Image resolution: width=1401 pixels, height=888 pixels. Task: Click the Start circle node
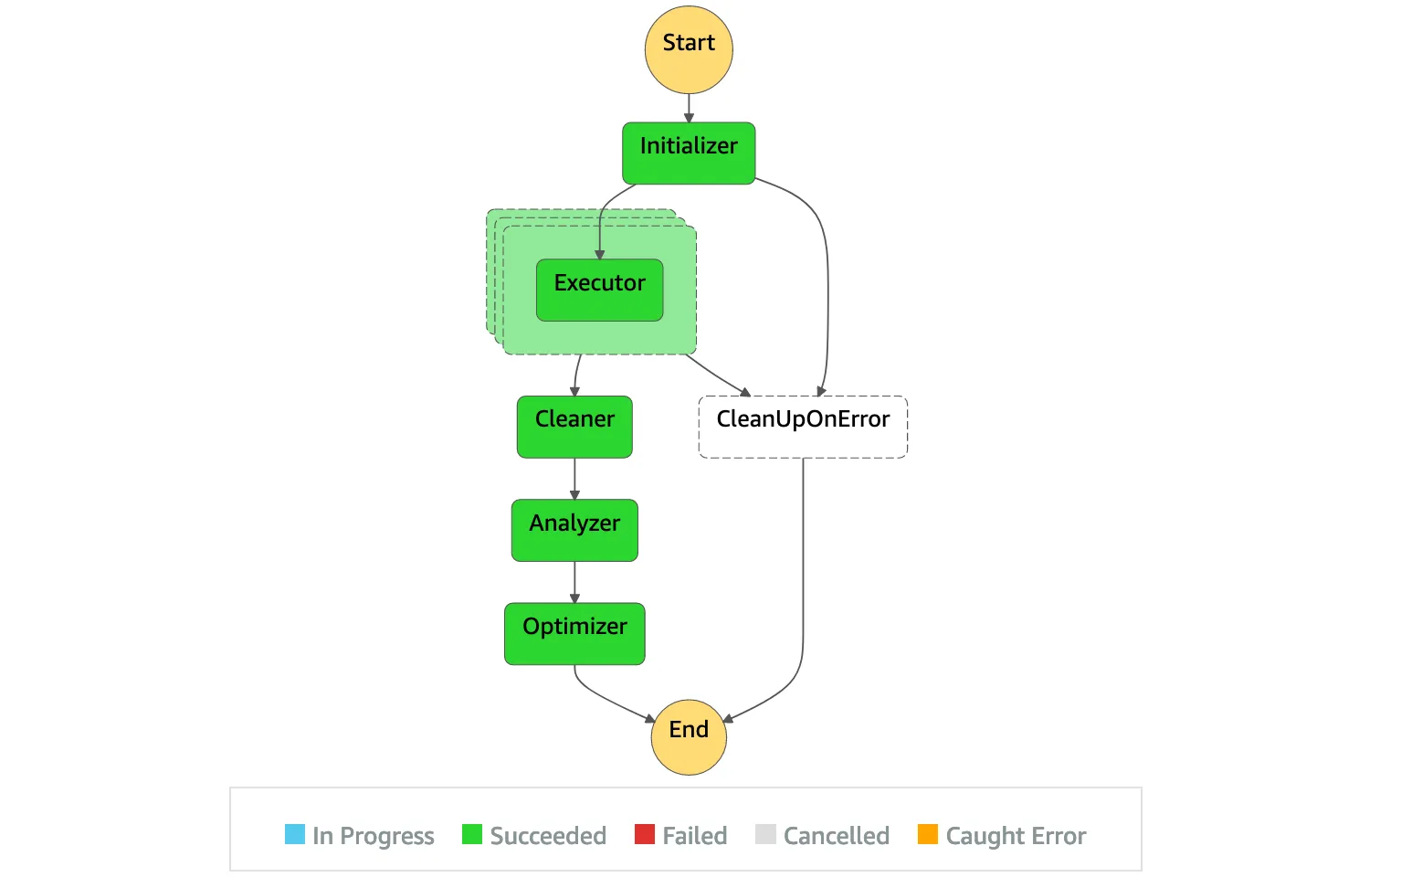click(689, 49)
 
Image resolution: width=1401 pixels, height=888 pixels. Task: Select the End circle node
click(689, 736)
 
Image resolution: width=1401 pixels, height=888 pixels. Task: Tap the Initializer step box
click(689, 153)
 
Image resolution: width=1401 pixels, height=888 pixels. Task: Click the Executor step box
click(599, 290)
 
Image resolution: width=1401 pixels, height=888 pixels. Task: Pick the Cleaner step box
click(574, 427)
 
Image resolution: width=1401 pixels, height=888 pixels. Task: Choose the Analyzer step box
click(574, 530)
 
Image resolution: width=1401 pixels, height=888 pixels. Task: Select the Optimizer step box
click(574, 633)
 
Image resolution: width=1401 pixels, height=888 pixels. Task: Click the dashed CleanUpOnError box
click(803, 427)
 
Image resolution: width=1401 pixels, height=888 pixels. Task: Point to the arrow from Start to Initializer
click(689, 108)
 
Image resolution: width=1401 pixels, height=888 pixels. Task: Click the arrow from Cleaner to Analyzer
click(574, 478)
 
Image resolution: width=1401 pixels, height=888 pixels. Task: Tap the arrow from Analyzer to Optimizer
click(574, 581)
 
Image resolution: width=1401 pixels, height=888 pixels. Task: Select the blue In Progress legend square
click(295, 834)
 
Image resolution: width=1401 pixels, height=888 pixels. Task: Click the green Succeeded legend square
click(472, 834)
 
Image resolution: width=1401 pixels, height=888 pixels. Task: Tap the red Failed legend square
click(645, 834)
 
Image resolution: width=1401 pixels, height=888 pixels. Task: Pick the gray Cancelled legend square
click(766, 834)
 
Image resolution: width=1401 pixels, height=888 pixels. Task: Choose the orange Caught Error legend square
click(928, 834)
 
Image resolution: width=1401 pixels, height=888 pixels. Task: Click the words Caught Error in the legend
click(1016, 836)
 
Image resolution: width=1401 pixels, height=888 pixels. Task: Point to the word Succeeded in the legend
click(548, 836)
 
